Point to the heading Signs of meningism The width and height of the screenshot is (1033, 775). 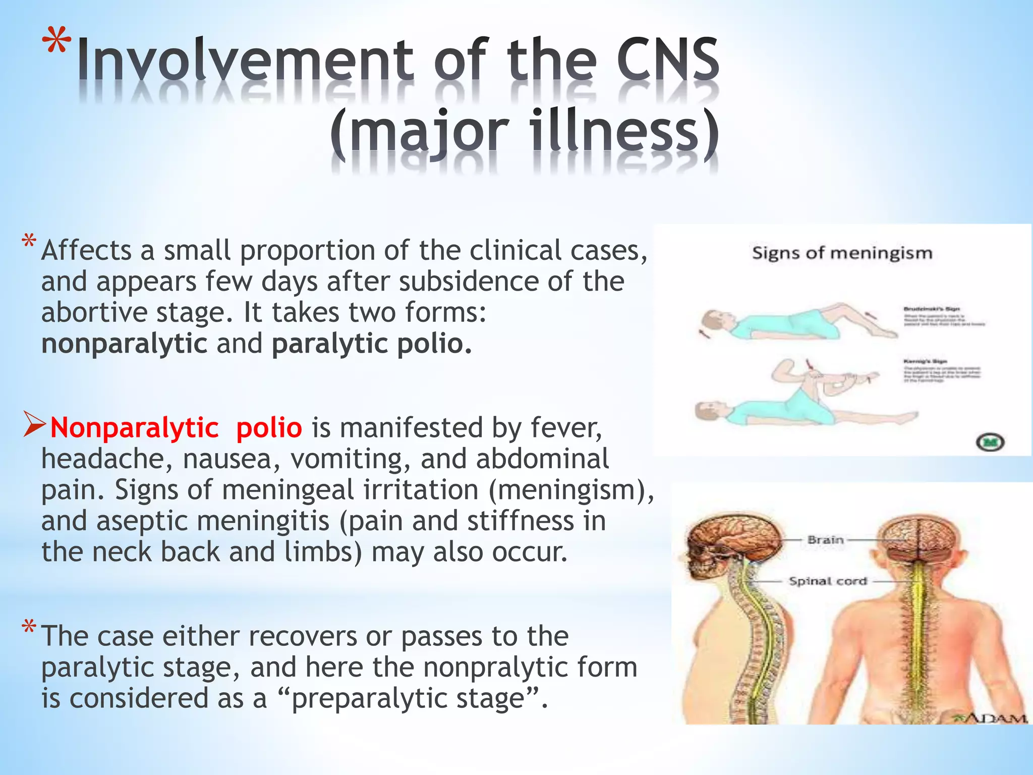click(842, 253)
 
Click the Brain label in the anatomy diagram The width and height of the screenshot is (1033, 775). click(825, 540)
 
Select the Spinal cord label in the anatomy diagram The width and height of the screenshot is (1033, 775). click(828, 581)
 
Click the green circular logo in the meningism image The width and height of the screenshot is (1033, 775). click(990, 442)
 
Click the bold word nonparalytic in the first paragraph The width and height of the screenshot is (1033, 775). click(124, 344)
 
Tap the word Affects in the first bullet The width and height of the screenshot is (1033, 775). click(86, 251)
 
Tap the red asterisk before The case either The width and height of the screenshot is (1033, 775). click(29, 629)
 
